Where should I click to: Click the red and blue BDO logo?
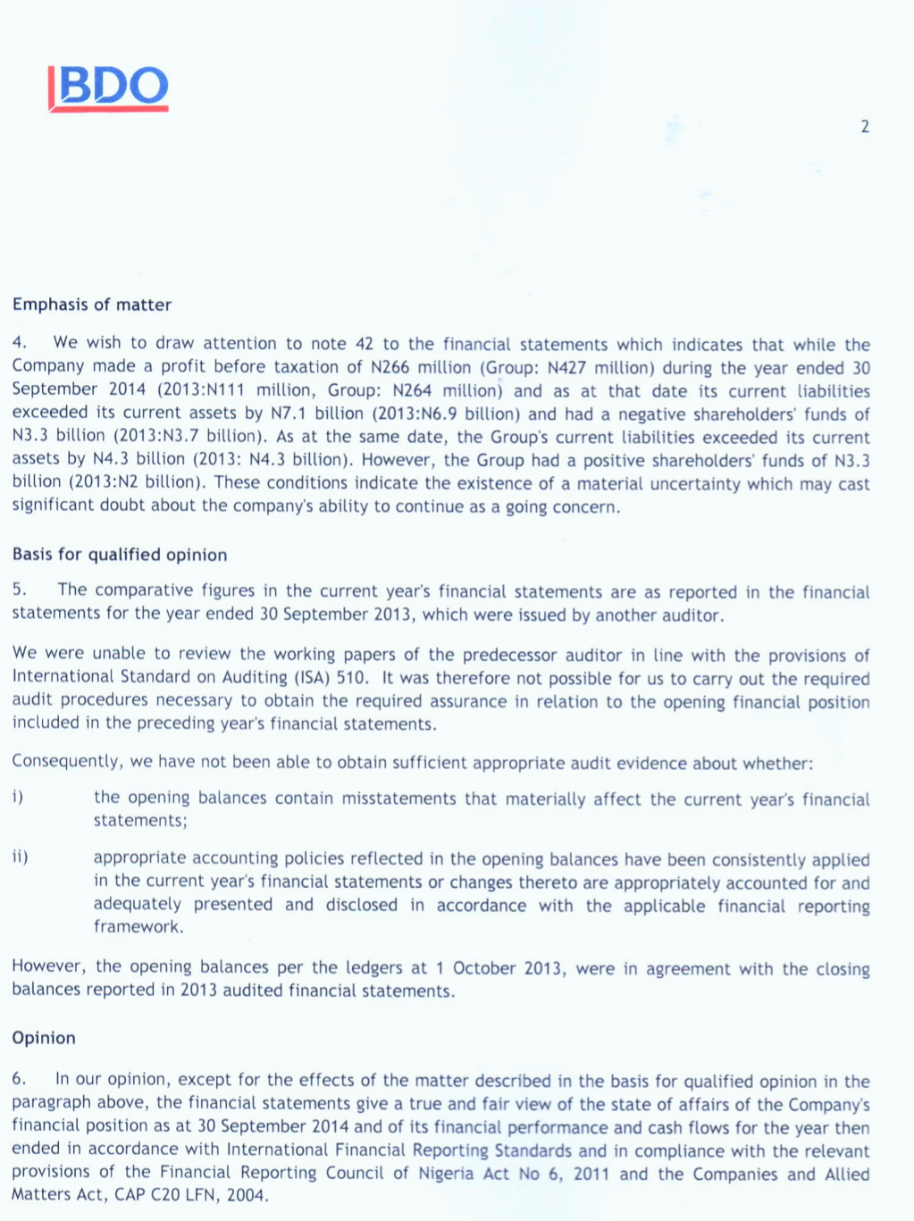[x=109, y=88]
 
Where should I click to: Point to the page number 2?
[x=865, y=127]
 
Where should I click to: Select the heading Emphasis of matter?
[x=92, y=305]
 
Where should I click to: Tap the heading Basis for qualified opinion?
[x=120, y=555]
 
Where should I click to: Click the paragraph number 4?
[x=19, y=343]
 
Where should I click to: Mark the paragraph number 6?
[x=19, y=1079]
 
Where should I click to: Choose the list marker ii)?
[x=20, y=857]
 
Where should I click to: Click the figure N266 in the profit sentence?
[x=390, y=367]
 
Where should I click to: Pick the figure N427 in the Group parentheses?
[x=566, y=367]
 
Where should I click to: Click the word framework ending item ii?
[x=138, y=927]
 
